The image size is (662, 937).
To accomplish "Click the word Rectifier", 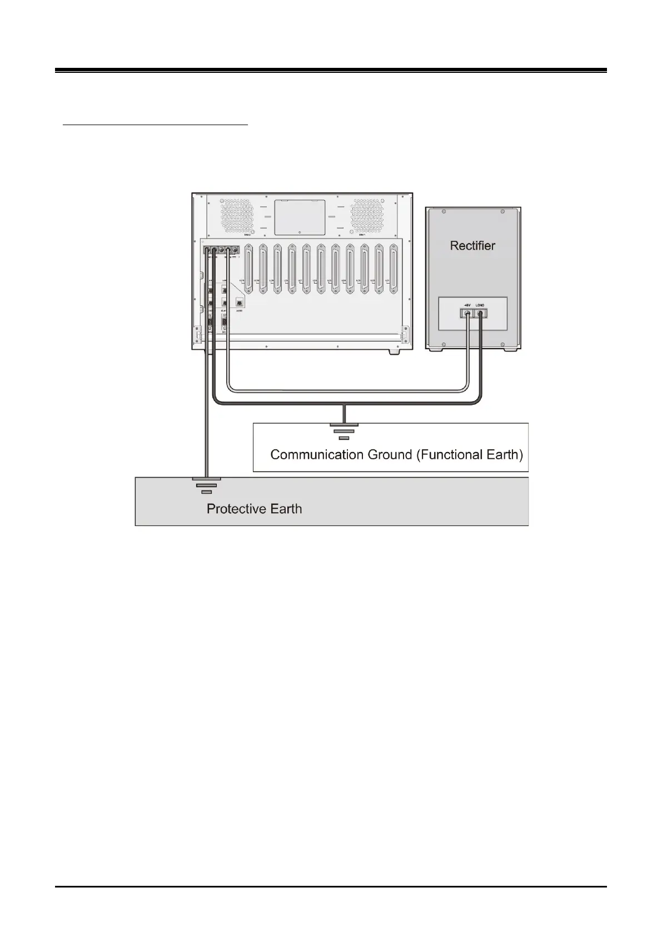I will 472,245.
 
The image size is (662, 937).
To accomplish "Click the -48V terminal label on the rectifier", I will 468,305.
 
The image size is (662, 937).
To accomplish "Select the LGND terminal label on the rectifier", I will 481,305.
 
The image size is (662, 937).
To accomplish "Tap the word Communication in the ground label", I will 317,455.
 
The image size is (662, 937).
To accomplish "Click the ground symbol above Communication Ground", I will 344,431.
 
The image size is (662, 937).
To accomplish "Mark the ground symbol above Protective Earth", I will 206,485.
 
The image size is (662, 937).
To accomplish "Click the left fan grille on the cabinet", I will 237,215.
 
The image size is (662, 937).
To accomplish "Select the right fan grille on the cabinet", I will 367,215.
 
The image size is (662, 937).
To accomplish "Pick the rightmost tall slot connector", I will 394,270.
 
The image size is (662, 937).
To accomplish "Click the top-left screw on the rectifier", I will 444,212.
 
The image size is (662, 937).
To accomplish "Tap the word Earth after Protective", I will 284,509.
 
